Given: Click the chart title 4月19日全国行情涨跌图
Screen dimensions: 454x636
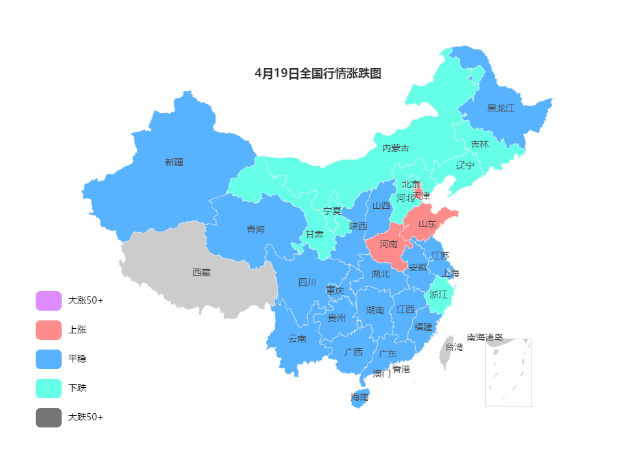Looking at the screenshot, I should point(318,74).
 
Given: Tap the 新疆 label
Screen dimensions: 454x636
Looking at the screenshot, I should point(174,162).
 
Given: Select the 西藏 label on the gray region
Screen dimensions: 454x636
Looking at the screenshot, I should point(201,272).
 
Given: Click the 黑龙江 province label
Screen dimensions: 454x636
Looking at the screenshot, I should point(500,108).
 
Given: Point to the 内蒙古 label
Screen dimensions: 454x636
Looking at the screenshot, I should point(395,148).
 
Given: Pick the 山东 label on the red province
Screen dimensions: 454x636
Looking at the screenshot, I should point(427,223).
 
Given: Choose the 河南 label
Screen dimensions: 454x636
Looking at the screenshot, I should point(388,244).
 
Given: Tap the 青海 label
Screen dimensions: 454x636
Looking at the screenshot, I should point(256,230).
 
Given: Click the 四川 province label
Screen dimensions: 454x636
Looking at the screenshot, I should point(307,282).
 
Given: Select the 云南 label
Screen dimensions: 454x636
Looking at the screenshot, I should point(297,339).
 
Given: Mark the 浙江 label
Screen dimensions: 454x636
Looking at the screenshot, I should point(439,294).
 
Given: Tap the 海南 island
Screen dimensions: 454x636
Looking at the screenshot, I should point(360,397).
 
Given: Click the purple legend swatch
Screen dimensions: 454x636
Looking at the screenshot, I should point(49,301).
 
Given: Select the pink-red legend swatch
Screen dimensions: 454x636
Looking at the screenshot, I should point(49,330).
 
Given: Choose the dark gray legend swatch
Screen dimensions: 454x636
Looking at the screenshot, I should point(49,418).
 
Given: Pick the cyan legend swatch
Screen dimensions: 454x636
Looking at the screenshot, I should point(49,388).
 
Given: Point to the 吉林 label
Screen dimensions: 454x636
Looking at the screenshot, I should point(480,144).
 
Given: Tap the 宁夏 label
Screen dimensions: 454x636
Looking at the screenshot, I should point(332,211).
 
